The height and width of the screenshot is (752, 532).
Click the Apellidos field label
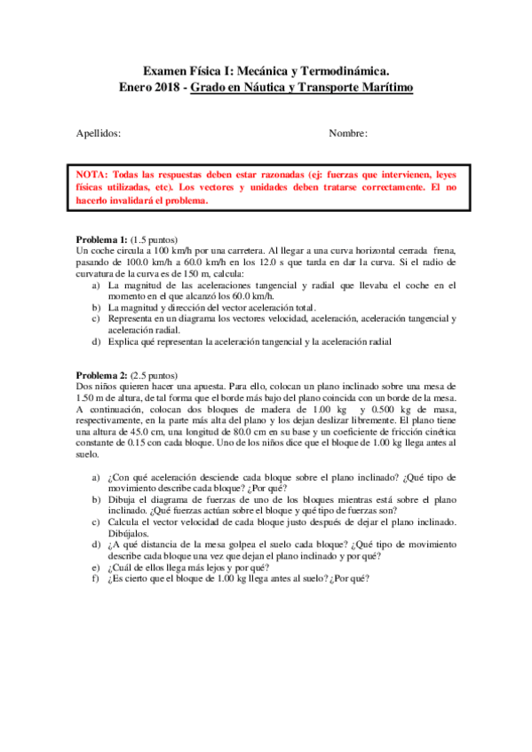[x=99, y=133]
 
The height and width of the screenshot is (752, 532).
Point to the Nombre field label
[x=348, y=133]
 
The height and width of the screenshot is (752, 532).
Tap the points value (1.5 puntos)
[x=155, y=240]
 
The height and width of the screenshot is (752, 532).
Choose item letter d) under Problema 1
[x=98, y=341]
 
